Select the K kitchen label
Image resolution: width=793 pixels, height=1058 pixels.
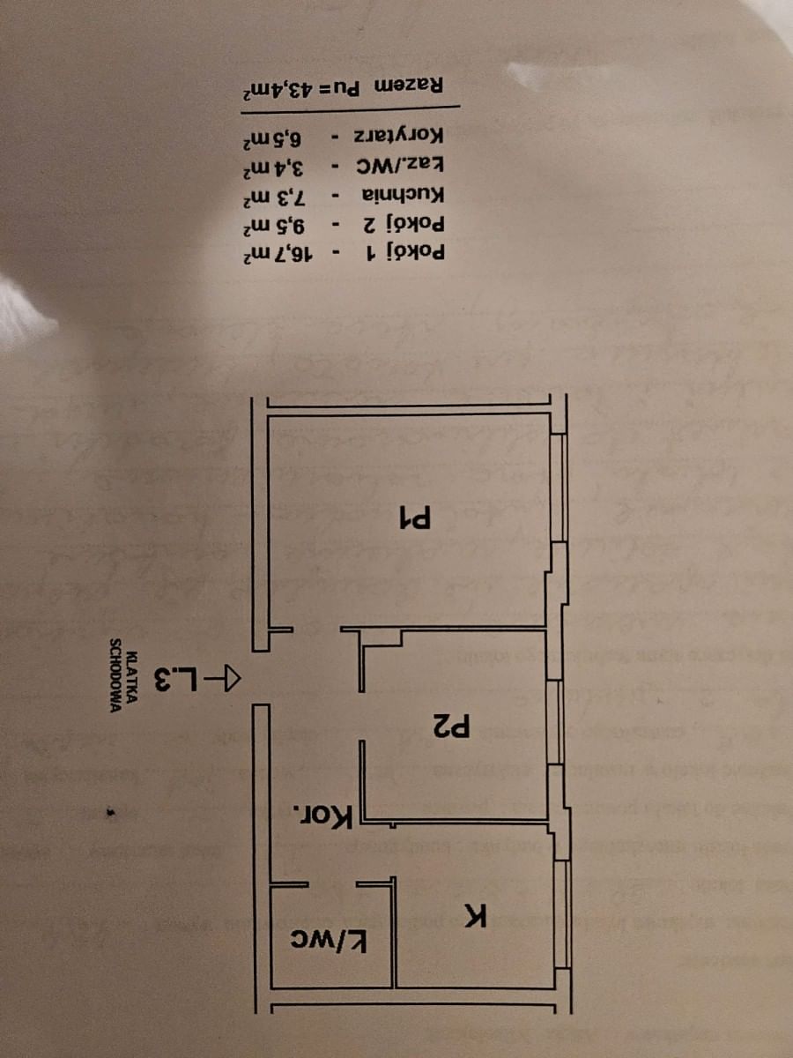click(x=476, y=917)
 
